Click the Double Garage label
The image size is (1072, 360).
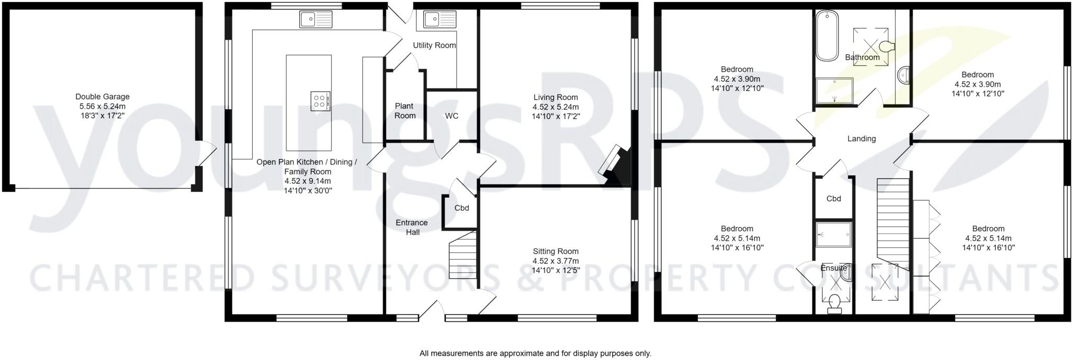click(x=102, y=97)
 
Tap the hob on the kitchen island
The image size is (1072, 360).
click(x=320, y=100)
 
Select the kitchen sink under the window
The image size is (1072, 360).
click(x=316, y=19)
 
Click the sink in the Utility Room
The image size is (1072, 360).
click(x=439, y=20)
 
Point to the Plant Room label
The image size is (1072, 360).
click(x=405, y=111)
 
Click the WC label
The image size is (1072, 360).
click(x=452, y=116)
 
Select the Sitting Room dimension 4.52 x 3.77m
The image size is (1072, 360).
click(x=555, y=261)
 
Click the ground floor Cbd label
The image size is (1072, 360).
click(x=462, y=208)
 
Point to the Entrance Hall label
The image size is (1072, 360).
click(x=412, y=227)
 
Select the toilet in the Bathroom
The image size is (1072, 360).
click(x=887, y=47)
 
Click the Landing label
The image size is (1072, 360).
click(x=862, y=139)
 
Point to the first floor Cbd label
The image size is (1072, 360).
click(x=834, y=199)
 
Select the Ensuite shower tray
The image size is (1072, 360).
click(x=834, y=234)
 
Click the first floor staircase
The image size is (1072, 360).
click(x=892, y=220)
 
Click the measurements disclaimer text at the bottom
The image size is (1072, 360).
click(x=535, y=353)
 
